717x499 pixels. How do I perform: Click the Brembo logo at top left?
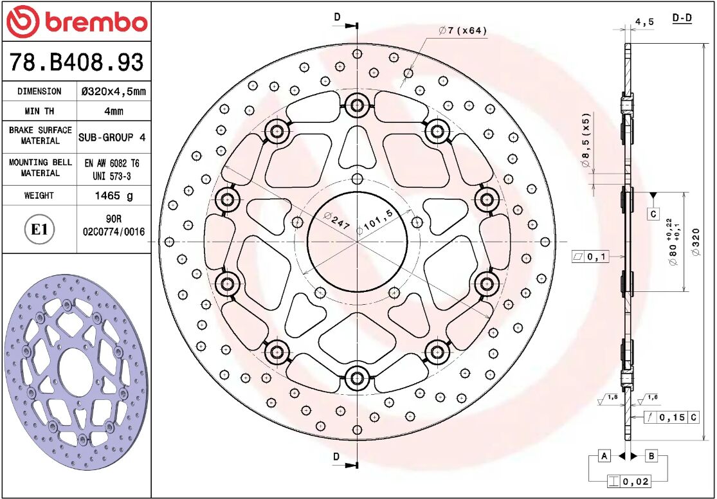coord(76,22)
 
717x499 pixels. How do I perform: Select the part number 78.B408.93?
coord(76,62)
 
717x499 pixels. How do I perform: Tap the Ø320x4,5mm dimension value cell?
coord(114,91)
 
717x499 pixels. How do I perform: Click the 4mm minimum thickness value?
coord(114,111)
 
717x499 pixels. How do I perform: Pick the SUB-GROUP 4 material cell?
coord(114,138)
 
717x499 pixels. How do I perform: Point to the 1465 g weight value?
coord(114,195)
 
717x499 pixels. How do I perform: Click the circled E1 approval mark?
coord(40,230)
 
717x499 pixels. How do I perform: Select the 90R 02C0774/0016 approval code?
coord(114,225)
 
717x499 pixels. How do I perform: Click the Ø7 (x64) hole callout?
coord(462,31)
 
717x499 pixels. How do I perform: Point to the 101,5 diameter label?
coord(379,220)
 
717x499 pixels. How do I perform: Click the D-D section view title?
coord(682,18)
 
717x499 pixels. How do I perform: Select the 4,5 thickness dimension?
coord(644,22)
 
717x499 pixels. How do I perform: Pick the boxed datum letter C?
coord(653,213)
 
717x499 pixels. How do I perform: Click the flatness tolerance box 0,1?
coord(590,257)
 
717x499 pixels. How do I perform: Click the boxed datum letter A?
coord(604,457)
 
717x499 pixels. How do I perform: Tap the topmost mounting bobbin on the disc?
coord(357,104)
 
